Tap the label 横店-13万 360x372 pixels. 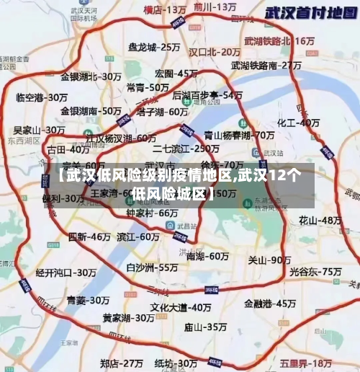click(x=165, y=10)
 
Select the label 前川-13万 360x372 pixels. click(x=215, y=6)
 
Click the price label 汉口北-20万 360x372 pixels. click(x=215, y=52)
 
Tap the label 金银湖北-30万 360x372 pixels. click(x=91, y=76)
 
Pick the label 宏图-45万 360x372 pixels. click(x=176, y=74)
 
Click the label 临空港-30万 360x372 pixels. click(x=41, y=97)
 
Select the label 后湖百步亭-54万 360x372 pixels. click(x=207, y=95)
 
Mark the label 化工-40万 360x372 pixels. click(x=299, y=123)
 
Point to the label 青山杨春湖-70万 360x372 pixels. click(x=239, y=135)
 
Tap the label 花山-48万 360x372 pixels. click(x=320, y=219)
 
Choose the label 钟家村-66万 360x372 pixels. click(x=152, y=213)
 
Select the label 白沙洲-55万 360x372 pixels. click(x=152, y=267)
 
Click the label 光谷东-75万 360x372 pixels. click(x=315, y=272)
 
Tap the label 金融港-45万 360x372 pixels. click(x=270, y=304)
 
